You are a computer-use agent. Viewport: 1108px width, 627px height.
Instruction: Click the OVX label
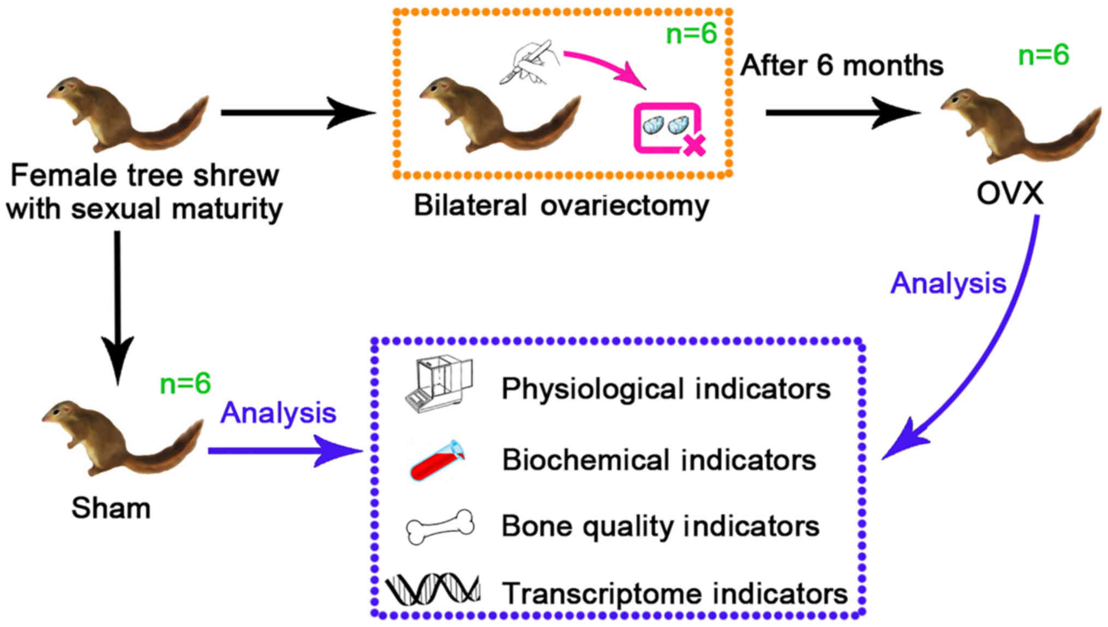pos(1009,193)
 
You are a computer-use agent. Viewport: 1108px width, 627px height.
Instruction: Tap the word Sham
pos(111,508)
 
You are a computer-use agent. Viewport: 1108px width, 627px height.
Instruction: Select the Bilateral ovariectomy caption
pos(561,206)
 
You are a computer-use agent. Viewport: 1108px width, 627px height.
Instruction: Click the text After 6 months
pos(841,65)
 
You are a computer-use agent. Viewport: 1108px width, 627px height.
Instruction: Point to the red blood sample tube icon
pos(436,461)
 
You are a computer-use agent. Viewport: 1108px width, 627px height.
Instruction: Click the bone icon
pos(440,527)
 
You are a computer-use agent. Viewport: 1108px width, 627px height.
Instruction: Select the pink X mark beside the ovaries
pos(694,145)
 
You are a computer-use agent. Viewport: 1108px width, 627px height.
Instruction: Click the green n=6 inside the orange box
pos(691,34)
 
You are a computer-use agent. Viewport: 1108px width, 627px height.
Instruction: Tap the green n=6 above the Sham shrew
pos(185,384)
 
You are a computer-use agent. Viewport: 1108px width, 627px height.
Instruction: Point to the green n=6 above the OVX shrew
pos(1043,55)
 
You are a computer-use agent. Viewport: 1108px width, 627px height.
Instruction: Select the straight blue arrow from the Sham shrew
pos(284,451)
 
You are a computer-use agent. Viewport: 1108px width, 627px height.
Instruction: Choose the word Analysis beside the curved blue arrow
pos(948,284)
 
